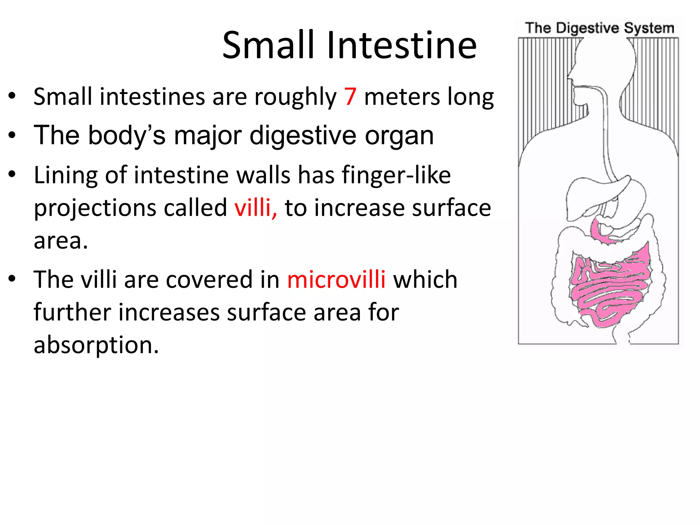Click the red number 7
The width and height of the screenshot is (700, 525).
pyautogui.click(x=350, y=97)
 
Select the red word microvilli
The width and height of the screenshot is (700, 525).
pyautogui.click(x=336, y=280)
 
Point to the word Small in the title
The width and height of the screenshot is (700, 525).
pyautogui.click(x=268, y=45)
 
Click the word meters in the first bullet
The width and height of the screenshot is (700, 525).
pyautogui.click(x=402, y=97)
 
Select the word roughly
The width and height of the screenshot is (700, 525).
pyautogui.click(x=295, y=98)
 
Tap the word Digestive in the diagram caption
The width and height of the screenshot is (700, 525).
pyautogui.click(x=588, y=28)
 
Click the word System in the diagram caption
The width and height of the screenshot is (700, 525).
pyautogui.click(x=649, y=28)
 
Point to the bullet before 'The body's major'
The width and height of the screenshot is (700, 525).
pyautogui.click(x=12, y=135)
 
